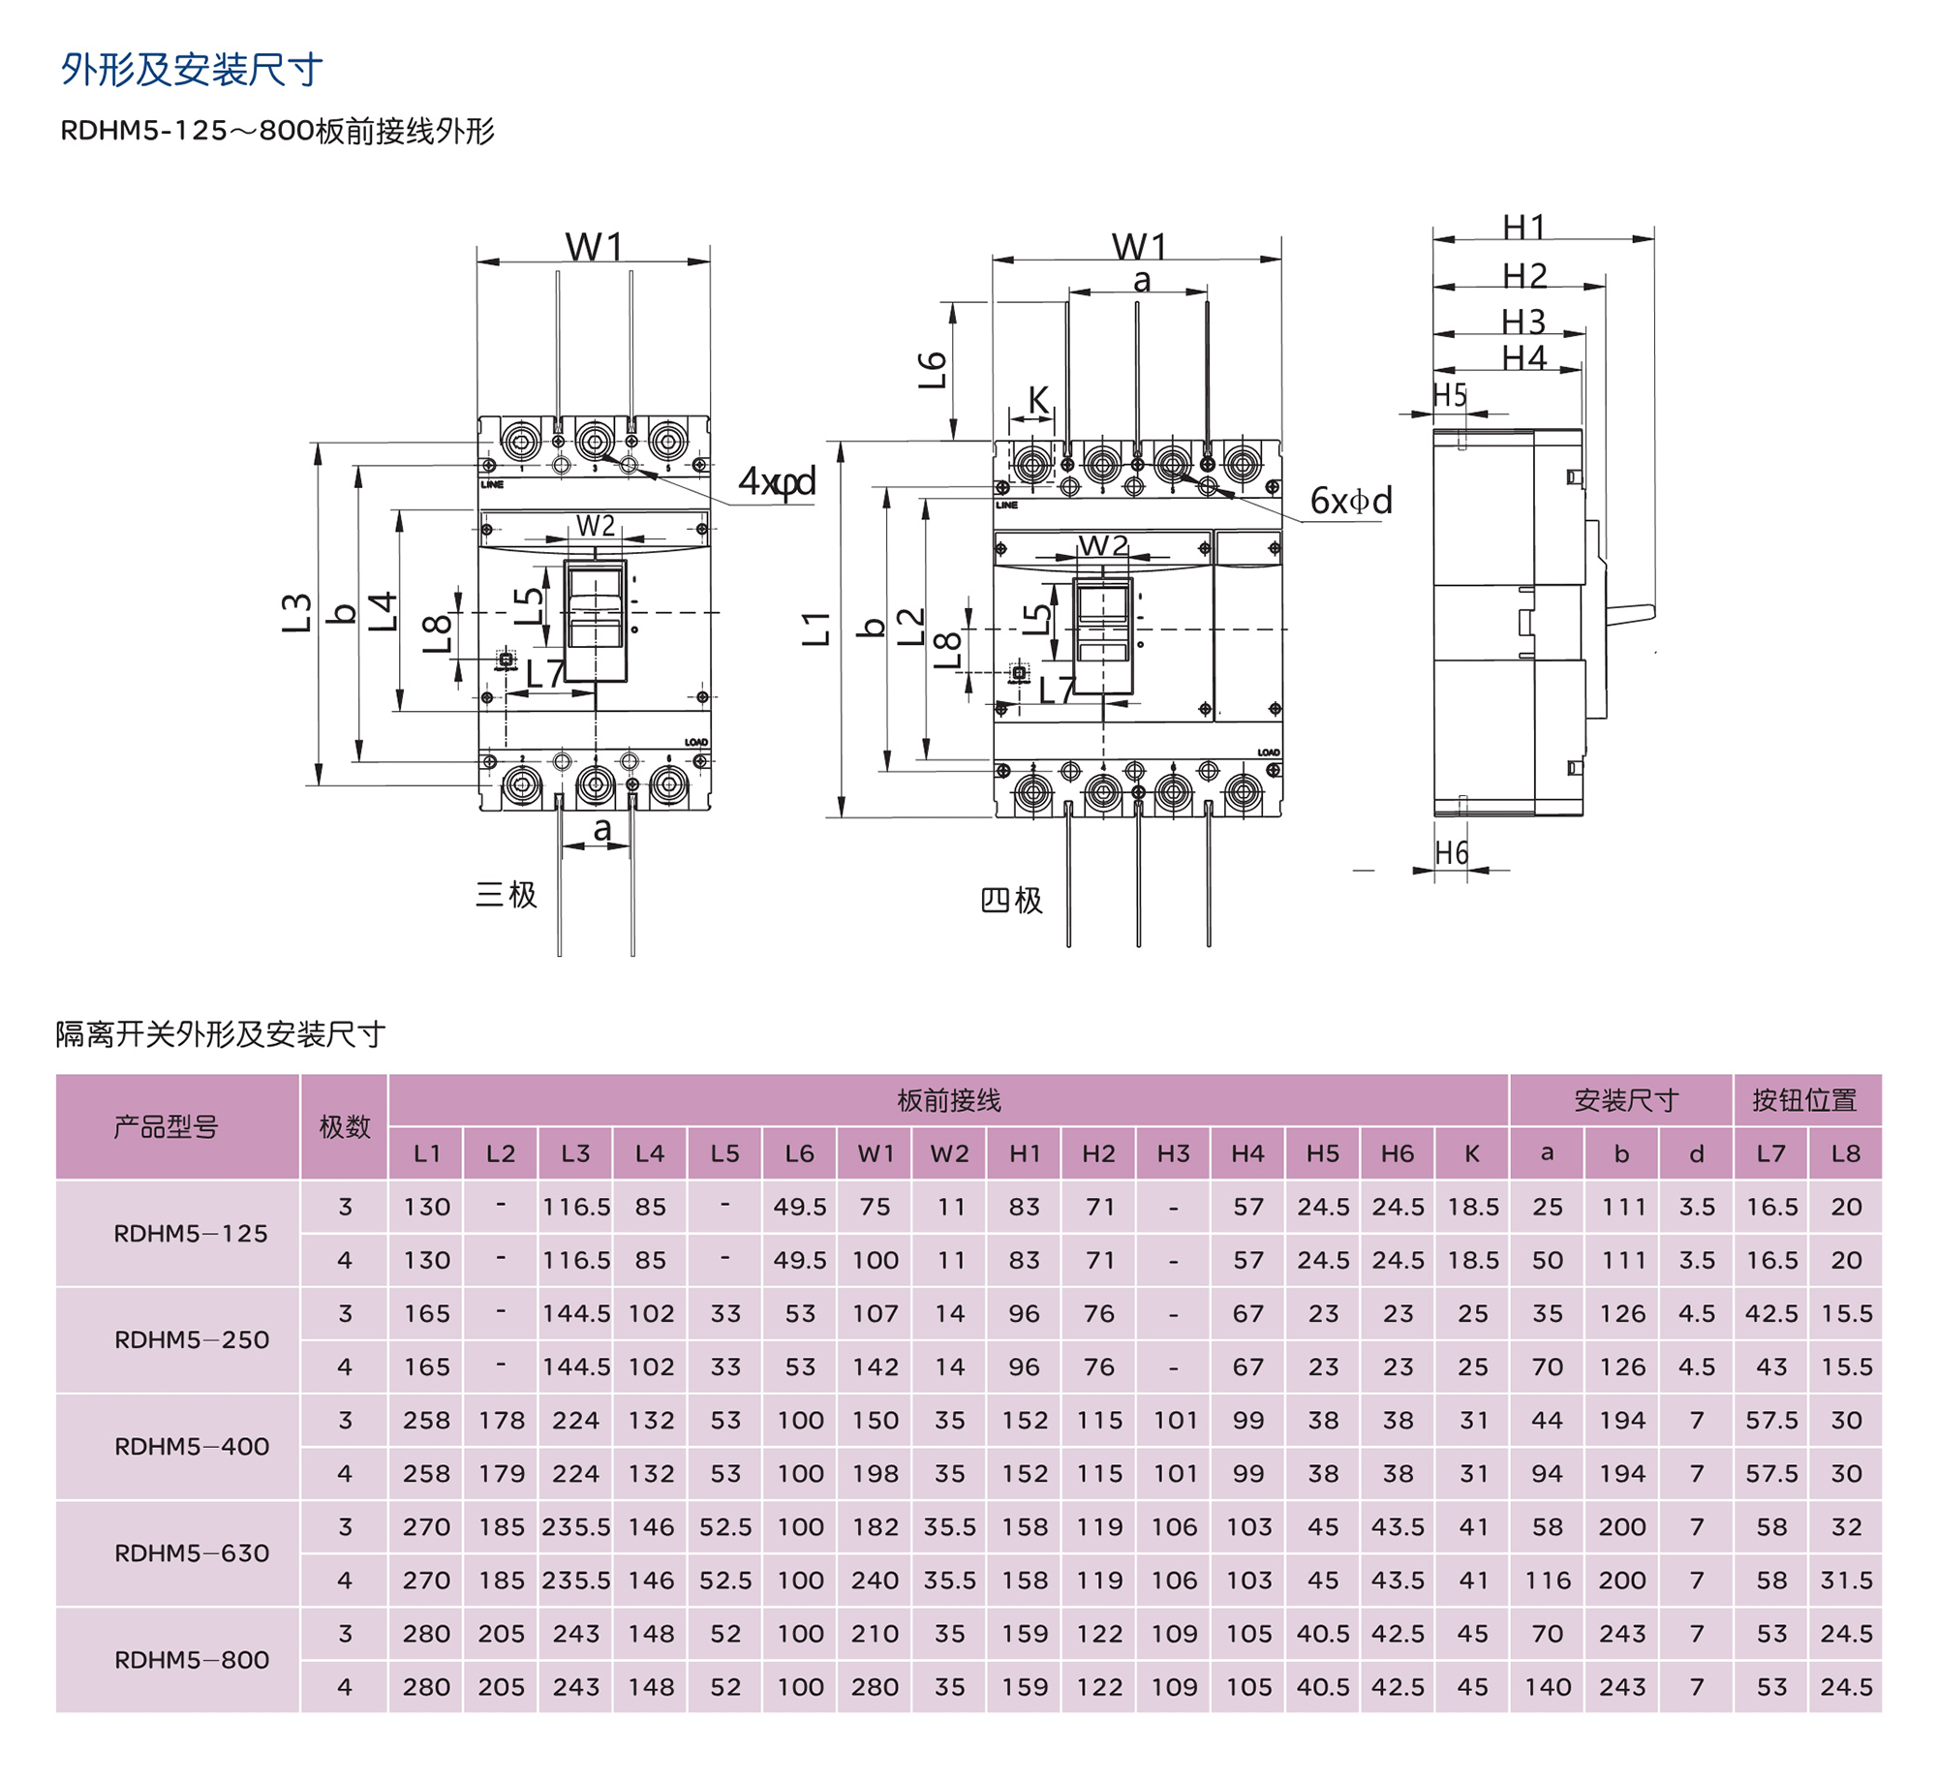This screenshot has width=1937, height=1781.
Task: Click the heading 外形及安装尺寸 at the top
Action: point(192,70)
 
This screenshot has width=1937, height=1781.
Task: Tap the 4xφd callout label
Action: point(777,481)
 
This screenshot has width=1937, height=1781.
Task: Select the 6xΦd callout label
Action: point(1351,501)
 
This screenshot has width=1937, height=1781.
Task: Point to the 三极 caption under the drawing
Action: point(506,894)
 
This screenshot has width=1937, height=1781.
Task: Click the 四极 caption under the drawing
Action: point(1011,900)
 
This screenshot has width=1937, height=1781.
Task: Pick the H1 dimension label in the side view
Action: point(1524,228)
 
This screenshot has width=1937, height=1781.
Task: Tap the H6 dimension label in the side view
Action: point(1451,853)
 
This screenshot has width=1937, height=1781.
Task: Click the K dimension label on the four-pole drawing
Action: point(1038,400)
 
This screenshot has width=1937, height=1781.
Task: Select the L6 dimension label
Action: point(932,370)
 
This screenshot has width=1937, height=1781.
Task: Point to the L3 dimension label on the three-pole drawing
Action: point(296,613)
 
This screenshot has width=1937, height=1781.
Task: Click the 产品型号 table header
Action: point(166,1126)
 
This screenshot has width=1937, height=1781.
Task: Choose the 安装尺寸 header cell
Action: point(1625,1100)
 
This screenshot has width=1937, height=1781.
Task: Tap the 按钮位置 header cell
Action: point(1804,1100)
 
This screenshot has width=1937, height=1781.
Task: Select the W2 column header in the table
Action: point(949,1153)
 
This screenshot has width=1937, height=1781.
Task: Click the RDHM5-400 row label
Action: point(192,1446)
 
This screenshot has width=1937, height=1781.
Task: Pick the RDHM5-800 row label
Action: point(192,1659)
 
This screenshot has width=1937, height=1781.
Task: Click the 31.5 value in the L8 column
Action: point(1846,1580)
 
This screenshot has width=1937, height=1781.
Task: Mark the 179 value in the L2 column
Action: point(501,1473)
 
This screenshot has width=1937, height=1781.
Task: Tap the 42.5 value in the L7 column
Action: point(1771,1313)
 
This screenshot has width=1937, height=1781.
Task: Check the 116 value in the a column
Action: point(1547,1580)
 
